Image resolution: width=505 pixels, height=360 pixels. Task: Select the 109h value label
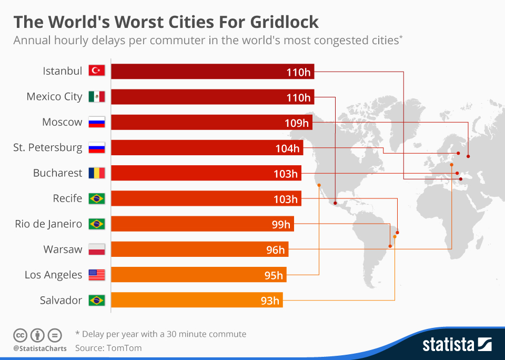coord(296,123)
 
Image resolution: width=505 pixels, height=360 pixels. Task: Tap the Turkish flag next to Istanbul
coord(97,71)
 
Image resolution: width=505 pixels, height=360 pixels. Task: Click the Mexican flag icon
coord(97,97)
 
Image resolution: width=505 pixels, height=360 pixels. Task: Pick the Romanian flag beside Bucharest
coord(97,173)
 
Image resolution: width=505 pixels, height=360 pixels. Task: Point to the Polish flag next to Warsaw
coord(97,249)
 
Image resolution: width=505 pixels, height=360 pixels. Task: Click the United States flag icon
coord(97,275)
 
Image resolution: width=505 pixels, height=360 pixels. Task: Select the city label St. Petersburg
coord(48,148)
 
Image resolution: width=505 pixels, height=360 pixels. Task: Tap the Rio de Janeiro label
coord(48,224)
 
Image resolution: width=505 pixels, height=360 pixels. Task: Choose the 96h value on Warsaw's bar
coord(275,250)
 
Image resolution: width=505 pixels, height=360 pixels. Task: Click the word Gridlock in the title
coord(273,22)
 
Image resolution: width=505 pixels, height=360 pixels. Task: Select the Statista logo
coord(457,345)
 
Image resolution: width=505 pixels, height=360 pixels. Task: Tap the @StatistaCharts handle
coord(40,348)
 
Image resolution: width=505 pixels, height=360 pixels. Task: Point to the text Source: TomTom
coord(108,348)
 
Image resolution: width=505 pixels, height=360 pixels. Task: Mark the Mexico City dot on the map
coord(335,202)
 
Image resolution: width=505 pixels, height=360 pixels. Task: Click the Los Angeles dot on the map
coord(319,185)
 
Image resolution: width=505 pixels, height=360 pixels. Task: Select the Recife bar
coord(205,199)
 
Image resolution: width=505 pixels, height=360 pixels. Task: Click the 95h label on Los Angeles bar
coord(274,275)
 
